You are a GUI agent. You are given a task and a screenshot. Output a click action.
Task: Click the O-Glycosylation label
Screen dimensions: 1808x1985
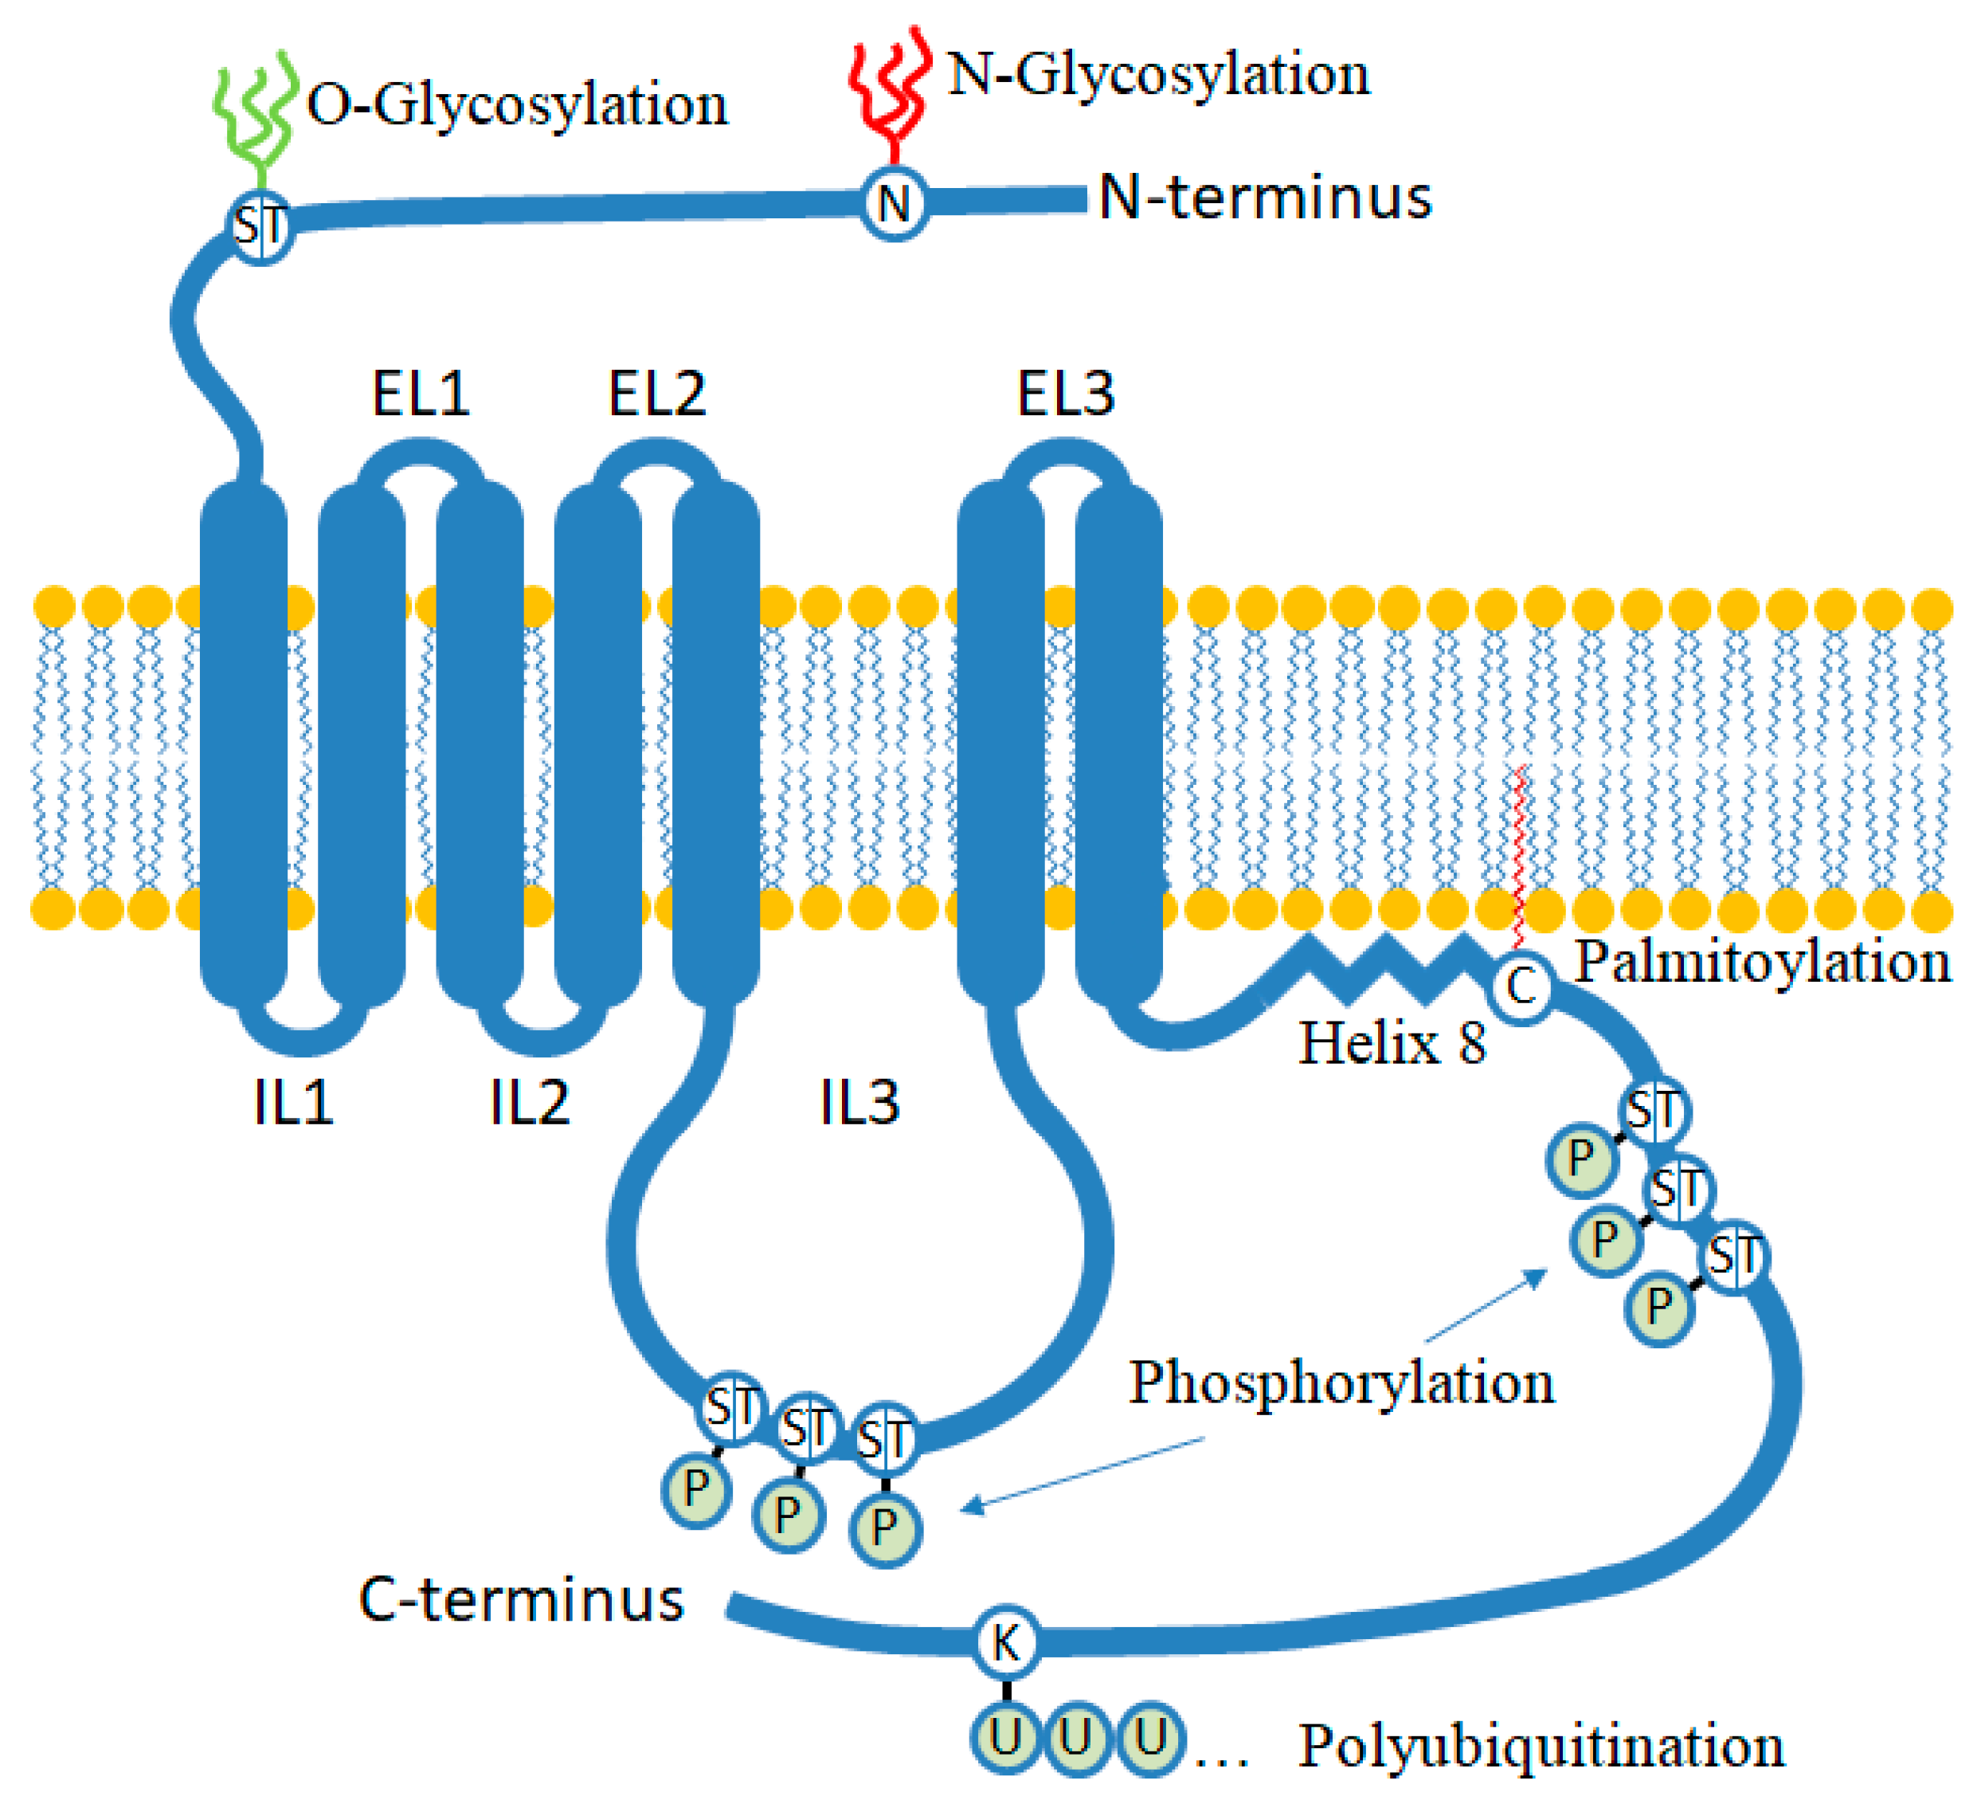[x=517, y=104]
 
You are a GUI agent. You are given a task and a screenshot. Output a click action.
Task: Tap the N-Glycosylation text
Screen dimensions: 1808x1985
[x=1158, y=75]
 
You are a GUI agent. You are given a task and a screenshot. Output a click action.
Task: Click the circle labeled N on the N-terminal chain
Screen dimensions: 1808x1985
[x=894, y=203]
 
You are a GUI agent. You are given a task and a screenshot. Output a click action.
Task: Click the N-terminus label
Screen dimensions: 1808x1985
[x=1264, y=197]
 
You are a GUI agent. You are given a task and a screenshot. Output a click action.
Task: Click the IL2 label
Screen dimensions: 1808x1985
[x=530, y=1102]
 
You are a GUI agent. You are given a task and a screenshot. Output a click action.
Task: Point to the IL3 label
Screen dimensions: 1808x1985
[x=859, y=1102]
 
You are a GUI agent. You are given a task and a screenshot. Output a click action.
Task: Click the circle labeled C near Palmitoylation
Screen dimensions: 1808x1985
[x=1522, y=986]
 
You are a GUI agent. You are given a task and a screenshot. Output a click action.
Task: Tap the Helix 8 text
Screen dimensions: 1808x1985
[x=1392, y=1043]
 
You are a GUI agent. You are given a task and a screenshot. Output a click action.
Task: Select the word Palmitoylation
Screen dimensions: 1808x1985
[x=1763, y=962]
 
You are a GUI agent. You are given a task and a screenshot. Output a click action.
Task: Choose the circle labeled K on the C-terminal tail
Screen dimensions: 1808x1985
[x=1005, y=1641]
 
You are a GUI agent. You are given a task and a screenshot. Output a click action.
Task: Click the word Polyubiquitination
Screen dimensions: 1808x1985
[x=1541, y=1746]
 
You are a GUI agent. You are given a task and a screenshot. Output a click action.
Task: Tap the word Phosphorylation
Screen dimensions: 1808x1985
[x=1341, y=1382]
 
